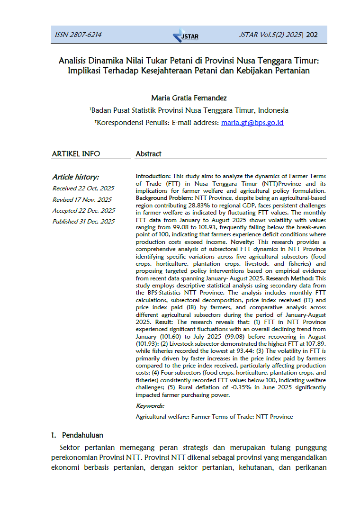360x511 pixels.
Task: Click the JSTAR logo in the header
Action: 186,36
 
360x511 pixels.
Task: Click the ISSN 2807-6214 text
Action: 78,35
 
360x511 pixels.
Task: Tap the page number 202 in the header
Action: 312,35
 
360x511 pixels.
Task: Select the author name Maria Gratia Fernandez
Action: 189,98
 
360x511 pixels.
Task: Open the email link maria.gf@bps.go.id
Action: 252,123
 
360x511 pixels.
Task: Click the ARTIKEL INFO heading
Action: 76,153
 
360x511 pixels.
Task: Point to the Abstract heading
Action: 148,153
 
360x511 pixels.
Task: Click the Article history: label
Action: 75,177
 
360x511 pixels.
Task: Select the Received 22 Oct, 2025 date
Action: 83,188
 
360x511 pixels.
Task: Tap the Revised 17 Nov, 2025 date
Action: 82,199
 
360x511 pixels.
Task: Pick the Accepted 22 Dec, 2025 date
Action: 83,210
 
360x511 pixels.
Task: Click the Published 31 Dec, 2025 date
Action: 83,221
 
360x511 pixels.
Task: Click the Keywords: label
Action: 150,406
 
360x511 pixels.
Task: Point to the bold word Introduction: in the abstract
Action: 153,176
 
